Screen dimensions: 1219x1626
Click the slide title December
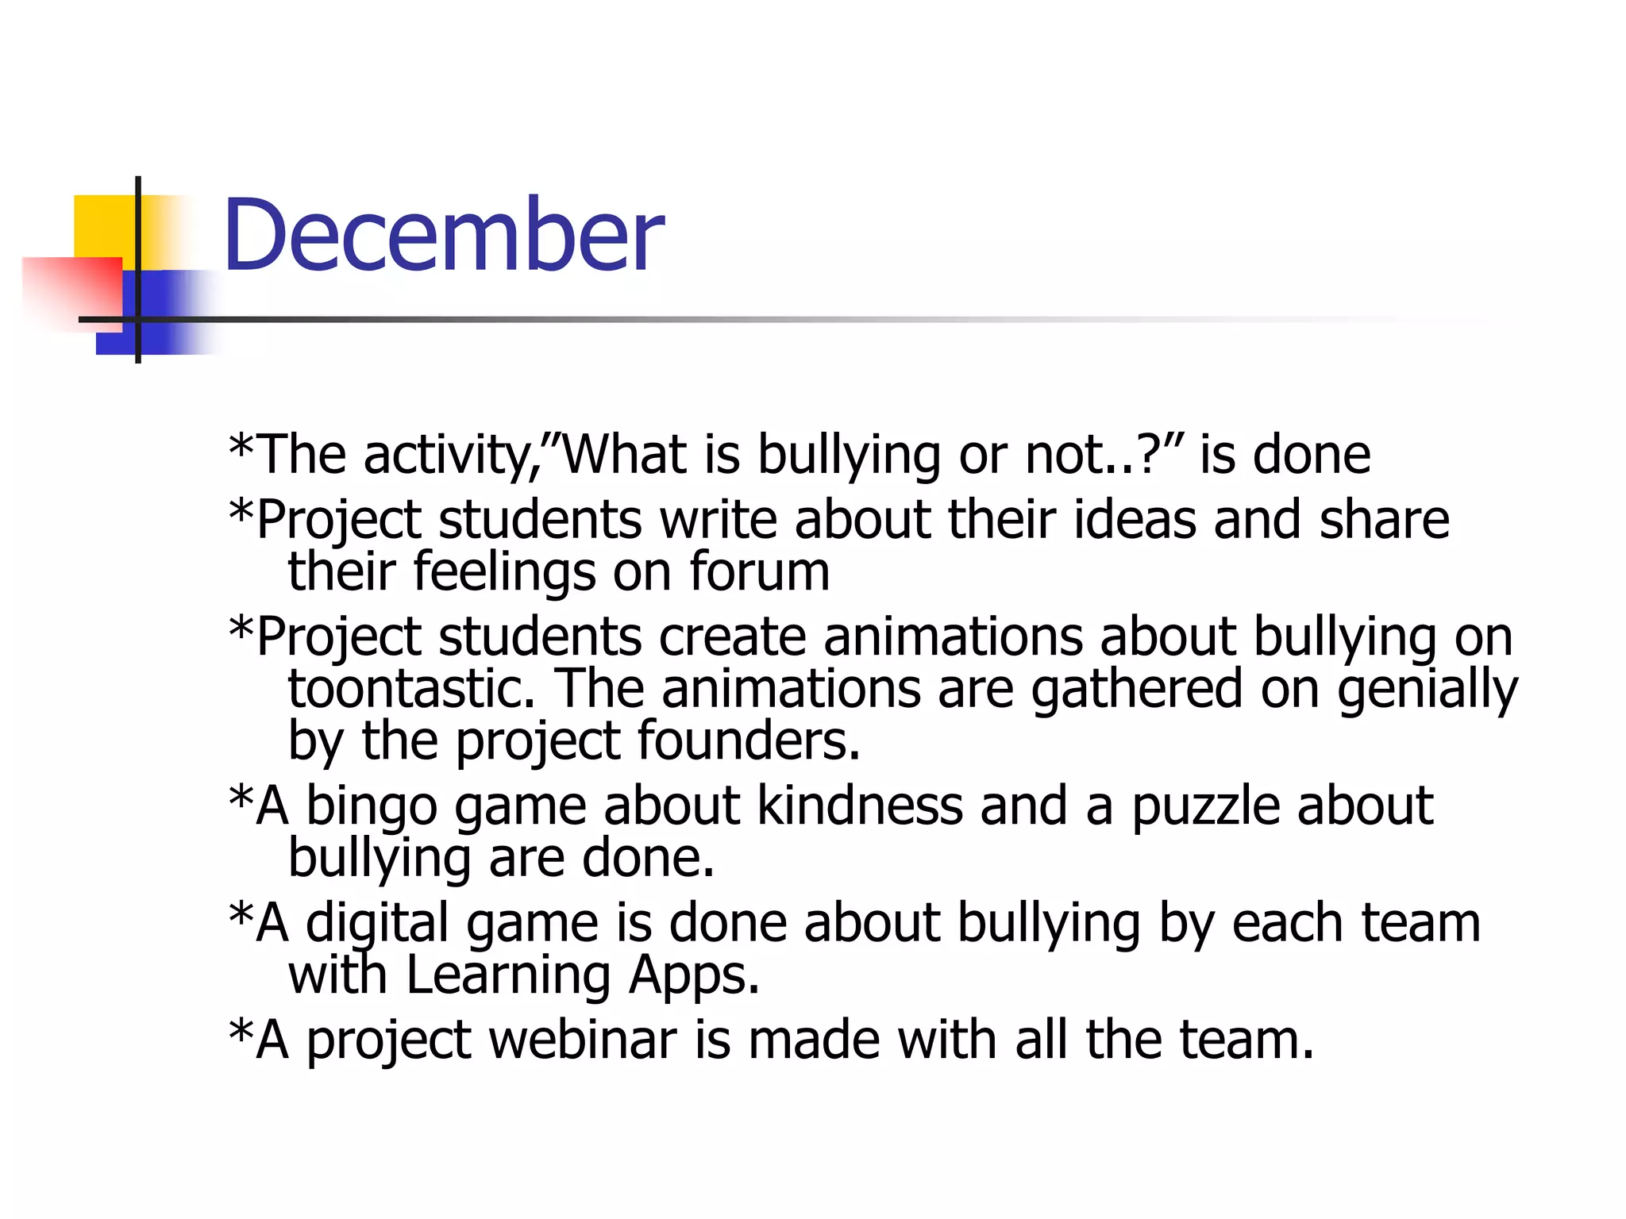442,236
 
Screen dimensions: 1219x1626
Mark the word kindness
860,806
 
